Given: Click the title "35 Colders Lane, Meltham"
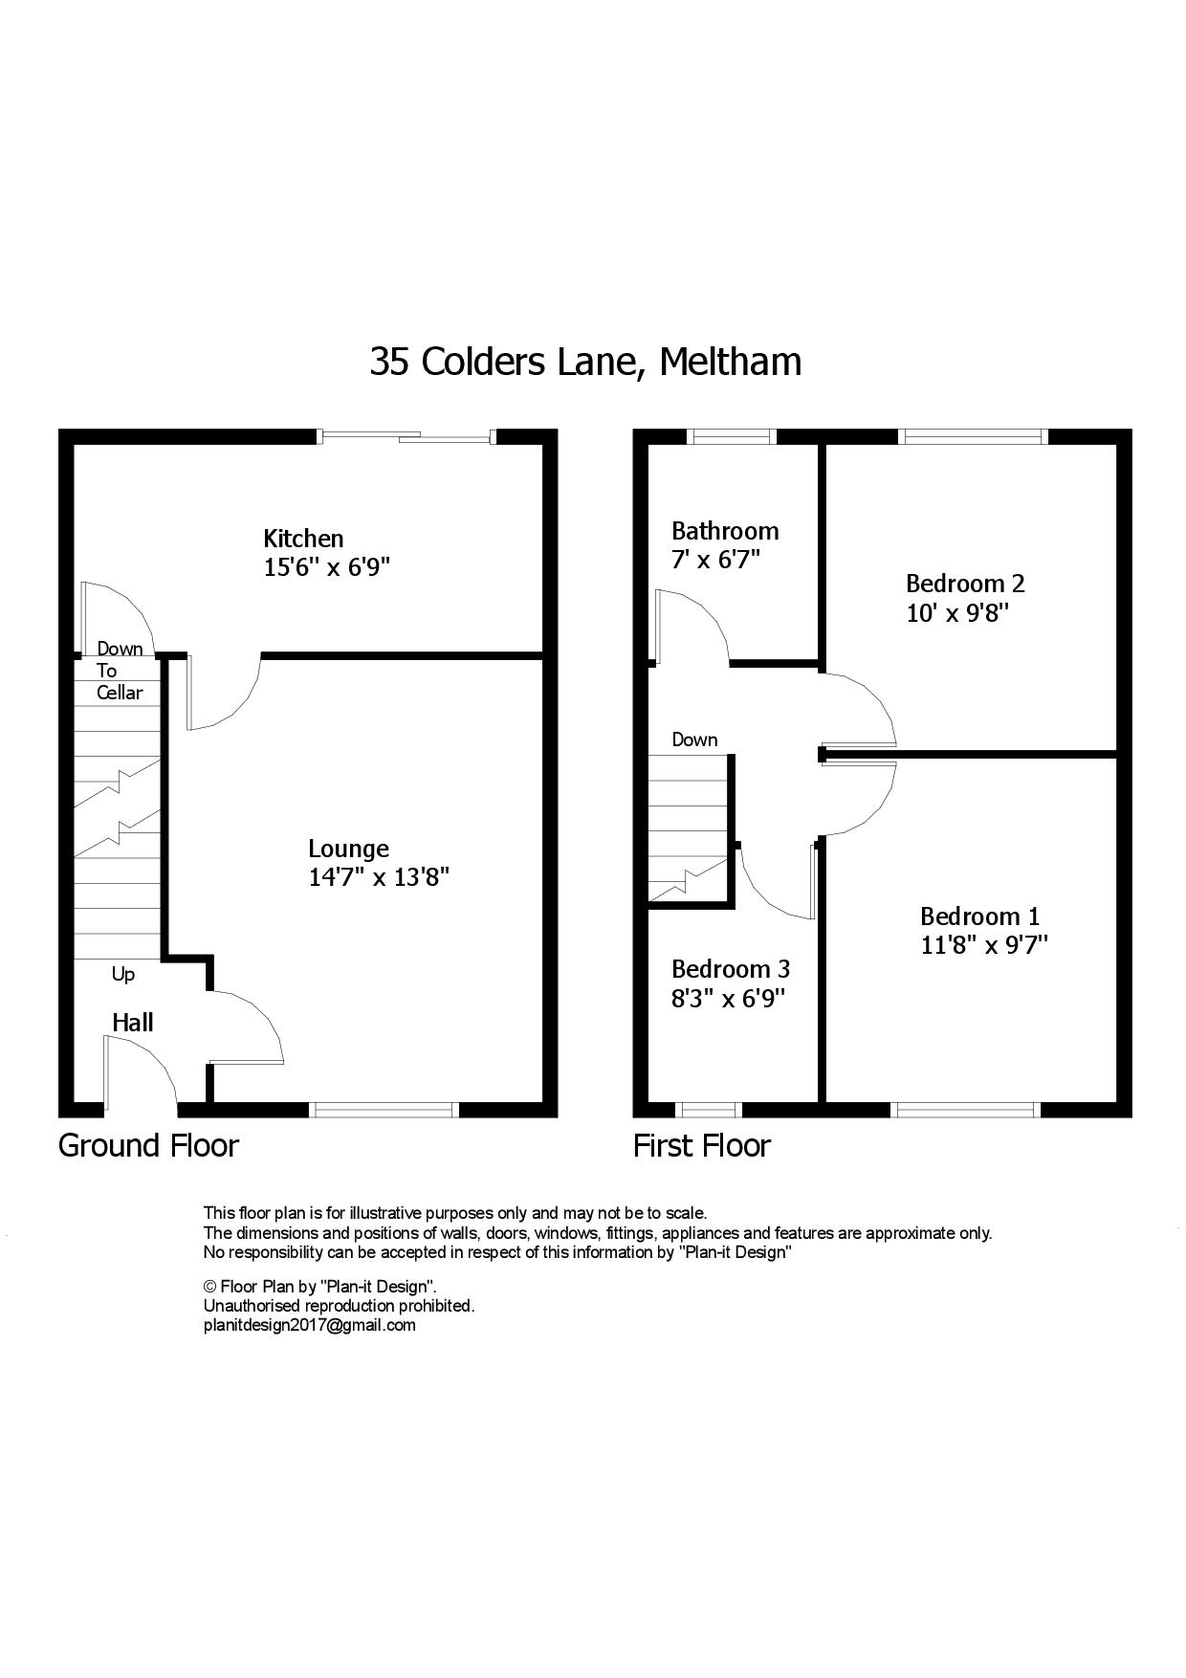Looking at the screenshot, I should pos(585,363).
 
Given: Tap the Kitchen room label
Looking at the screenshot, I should pos(303,539).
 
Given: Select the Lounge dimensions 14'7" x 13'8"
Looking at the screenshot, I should pos(379,877).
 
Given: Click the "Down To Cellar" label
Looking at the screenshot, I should pos(120,671).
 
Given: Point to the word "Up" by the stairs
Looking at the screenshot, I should pos(123,975).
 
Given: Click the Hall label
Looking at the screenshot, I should pos(133,1023).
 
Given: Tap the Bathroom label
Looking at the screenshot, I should pos(725,531).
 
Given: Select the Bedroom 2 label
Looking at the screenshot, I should pos(965,584).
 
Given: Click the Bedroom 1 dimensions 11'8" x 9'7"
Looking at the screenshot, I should pos(984,945).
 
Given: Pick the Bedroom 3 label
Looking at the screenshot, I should pos(731,969).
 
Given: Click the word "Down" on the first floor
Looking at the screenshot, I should pos(694,740).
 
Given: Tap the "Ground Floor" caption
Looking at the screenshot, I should pos(148,1145).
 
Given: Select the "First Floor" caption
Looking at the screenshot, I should pos(701,1145).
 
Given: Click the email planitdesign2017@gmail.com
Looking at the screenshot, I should pos(310,1325).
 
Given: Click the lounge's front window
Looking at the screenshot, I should pos(384,1110).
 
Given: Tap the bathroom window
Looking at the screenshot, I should pos(732,437).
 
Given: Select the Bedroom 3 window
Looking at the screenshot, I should pos(709,1110).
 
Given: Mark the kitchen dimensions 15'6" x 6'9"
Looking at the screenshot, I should pos(327,567).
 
